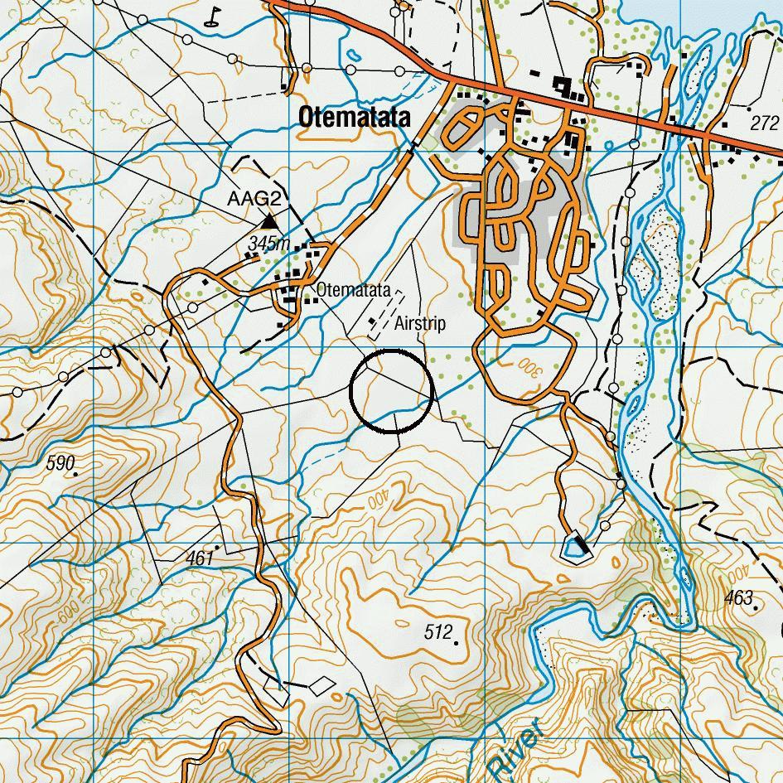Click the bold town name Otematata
354,118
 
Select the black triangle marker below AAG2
269,221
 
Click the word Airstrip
420,323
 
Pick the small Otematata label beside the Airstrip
353,291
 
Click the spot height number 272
764,123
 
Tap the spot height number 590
60,462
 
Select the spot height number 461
200,558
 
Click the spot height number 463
737,597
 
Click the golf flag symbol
215,16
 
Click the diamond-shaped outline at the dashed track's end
321,685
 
